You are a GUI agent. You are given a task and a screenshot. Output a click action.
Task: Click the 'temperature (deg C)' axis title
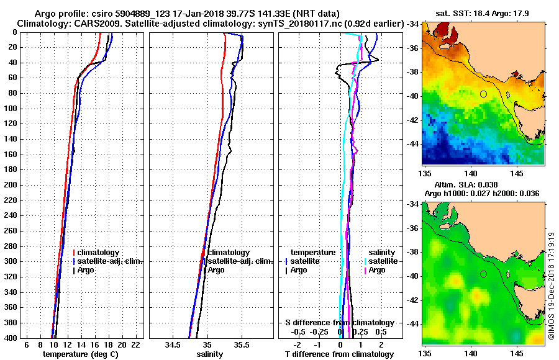pos(80,354)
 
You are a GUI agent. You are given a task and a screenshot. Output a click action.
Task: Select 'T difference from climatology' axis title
pos(339,354)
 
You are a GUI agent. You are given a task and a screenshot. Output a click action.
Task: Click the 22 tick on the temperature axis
pos(135,344)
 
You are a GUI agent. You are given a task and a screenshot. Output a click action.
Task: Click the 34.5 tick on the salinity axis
pos(173,344)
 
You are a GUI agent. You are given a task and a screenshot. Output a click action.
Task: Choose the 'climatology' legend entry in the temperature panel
pos(99,253)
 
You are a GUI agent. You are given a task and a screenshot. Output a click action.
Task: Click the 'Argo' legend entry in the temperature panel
pos(88,270)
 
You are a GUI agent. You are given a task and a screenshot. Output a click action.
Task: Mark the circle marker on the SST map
pos(483,94)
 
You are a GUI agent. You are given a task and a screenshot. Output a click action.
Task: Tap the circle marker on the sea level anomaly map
pos(483,274)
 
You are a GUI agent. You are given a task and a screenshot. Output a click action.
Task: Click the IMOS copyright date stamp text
pos(551,285)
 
